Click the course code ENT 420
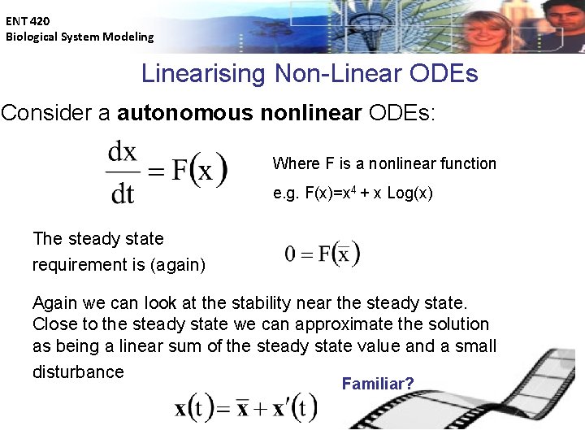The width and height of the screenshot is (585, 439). [28, 22]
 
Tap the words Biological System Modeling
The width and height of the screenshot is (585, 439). [80, 37]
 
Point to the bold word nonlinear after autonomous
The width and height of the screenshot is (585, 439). [311, 113]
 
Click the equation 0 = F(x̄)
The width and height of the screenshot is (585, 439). [322, 254]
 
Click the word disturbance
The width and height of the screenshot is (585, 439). [78, 372]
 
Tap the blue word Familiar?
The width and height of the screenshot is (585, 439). [378, 383]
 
